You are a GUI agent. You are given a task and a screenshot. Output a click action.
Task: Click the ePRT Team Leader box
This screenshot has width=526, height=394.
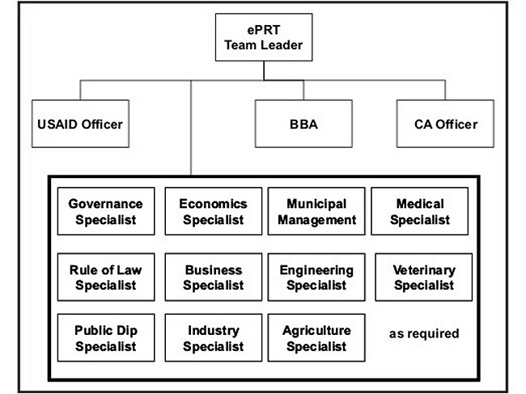[x=264, y=37]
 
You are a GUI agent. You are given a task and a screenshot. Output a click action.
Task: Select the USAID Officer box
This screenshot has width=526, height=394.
[x=80, y=124]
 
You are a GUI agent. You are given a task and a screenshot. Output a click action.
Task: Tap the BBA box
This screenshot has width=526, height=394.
[x=303, y=124]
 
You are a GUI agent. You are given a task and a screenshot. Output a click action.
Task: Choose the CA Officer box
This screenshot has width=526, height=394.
[x=445, y=124]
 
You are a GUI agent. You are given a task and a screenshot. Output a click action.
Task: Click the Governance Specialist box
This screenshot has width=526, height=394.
[x=106, y=211]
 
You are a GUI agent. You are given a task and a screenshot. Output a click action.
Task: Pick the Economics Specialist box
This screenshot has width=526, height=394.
[x=214, y=211]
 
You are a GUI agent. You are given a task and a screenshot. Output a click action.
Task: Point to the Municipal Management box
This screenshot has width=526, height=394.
[x=316, y=211]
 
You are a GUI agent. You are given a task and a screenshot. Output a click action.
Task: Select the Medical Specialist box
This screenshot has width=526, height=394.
[x=420, y=211]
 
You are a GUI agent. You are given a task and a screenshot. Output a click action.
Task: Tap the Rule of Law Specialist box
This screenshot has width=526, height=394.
[x=106, y=277]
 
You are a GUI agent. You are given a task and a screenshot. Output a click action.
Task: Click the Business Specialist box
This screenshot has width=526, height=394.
[x=214, y=277]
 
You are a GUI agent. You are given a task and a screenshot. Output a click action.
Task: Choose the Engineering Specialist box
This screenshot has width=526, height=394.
[x=316, y=277]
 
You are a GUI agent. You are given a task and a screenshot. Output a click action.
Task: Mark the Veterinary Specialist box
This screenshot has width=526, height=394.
[x=424, y=277]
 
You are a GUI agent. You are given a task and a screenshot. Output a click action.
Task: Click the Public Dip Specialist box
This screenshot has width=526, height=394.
[x=106, y=337]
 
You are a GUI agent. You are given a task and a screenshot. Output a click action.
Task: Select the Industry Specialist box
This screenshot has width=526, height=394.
[x=214, y=337]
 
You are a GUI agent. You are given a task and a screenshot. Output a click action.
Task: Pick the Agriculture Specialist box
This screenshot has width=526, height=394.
[x=316, y=337]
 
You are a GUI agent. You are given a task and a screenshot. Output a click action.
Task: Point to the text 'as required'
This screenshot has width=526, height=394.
[x=424, y=333]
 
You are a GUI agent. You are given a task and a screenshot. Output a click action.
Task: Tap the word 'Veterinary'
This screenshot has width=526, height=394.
[x=424, y=270]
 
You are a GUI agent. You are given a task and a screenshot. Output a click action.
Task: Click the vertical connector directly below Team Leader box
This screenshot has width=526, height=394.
[x=264, y=70]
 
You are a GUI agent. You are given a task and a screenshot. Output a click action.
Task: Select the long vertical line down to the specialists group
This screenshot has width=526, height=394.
[x=191, y=128]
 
